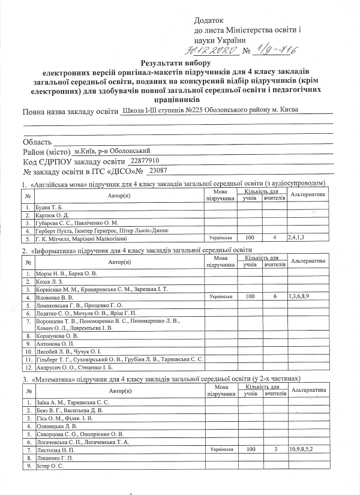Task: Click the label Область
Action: pyautogui.click(x=40, y=142)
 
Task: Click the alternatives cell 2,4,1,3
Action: pyautogui.click(x=298, y=237)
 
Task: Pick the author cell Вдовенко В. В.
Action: pyautogui.click(x=55, y=297)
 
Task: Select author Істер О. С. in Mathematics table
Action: pyautogui.click(x=50, y=466)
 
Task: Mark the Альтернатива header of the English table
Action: pyautogui.click(x=307, y=195)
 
